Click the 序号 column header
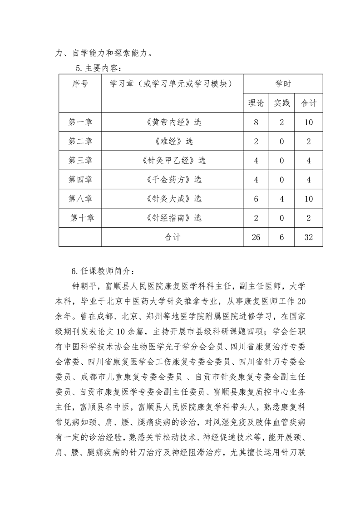click(x=80, y=84)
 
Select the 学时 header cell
click(x=283, y=84)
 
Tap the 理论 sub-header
click(x=256, y=103)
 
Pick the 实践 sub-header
click(x=281, y=103)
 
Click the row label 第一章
click(x=80, y=122)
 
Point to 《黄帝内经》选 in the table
click(x=172, y=122)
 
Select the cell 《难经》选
click(x=172, y=141)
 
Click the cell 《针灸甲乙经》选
click(x=172, y=160)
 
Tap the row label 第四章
click(x=80, y=179)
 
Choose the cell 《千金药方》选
click(x=172, y=179)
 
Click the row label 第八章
click(x=80, y=198)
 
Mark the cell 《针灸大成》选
click(x=172, y=198)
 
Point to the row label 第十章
click(x=82, y=218)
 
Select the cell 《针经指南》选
click(x=172, y=218)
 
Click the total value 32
click(x=309, y=237)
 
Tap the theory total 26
click(x=256, y=237)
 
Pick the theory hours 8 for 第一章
click(x=256, y=122)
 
